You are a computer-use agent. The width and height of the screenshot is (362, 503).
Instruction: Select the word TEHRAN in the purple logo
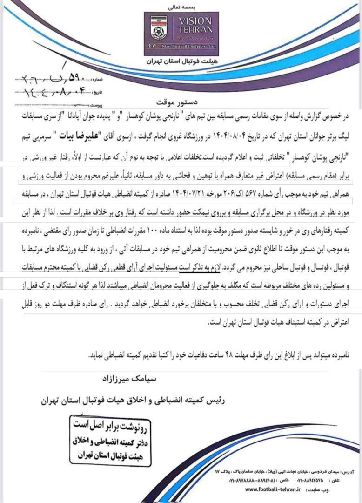[x=195, y=32]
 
